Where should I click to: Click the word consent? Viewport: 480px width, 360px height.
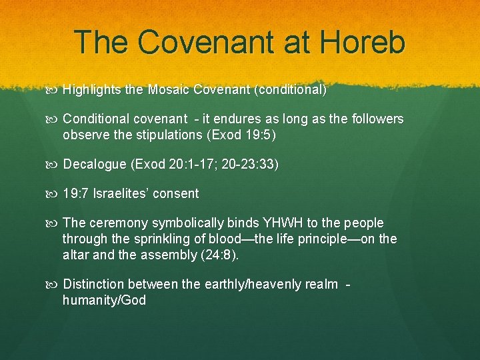pos(176,194)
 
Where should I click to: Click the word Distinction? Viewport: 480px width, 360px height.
pos(93,285)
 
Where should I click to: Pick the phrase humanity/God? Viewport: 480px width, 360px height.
pos(104,300)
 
